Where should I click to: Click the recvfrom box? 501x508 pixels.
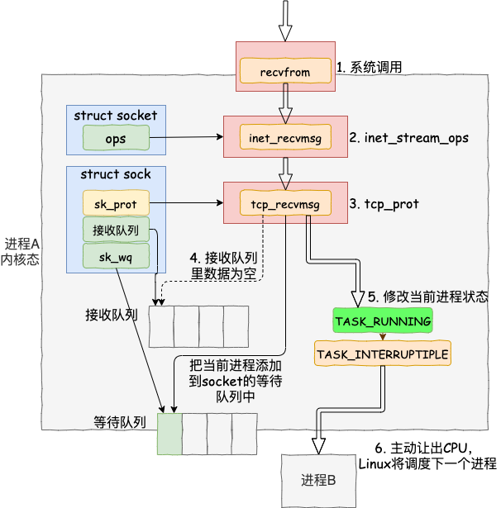285,71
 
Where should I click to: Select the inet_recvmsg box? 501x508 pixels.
285,137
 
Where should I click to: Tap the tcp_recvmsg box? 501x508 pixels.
285,203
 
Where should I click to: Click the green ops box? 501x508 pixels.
116,138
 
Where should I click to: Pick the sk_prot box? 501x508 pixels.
116,203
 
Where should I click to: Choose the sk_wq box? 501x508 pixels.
116,256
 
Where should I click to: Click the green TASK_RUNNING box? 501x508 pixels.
383,320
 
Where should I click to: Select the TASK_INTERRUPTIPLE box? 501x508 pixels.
383,354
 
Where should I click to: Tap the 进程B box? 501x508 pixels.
318,481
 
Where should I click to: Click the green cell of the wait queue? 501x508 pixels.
169,434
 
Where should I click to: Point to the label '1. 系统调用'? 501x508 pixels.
369,67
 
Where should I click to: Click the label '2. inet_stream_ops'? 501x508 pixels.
408,138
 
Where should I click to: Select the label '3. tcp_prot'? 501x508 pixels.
384,204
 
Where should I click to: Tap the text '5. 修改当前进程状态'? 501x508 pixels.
427,297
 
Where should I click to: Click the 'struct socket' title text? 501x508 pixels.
116,115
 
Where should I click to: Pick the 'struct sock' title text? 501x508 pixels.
116,174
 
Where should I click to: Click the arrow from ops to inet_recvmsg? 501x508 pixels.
187,137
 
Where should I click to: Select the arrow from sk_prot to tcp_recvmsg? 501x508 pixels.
187,203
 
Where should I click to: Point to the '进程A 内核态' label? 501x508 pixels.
20,252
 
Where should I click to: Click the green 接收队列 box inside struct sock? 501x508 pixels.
116,230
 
